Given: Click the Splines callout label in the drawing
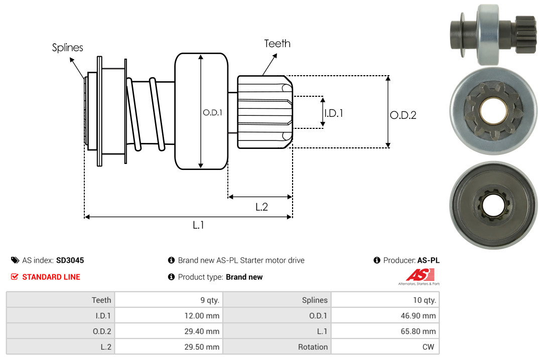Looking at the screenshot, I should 68,48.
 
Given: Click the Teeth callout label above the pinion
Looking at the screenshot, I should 277,44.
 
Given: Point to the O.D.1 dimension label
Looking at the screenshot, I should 212,113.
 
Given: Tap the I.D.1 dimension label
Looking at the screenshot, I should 333,113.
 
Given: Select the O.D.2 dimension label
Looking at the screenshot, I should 403,115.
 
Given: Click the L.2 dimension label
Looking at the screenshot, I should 261,207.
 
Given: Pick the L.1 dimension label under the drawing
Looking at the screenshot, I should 198,225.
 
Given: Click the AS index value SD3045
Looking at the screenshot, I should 70,260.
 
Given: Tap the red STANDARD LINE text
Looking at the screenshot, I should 51,277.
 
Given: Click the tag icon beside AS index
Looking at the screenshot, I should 15,260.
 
